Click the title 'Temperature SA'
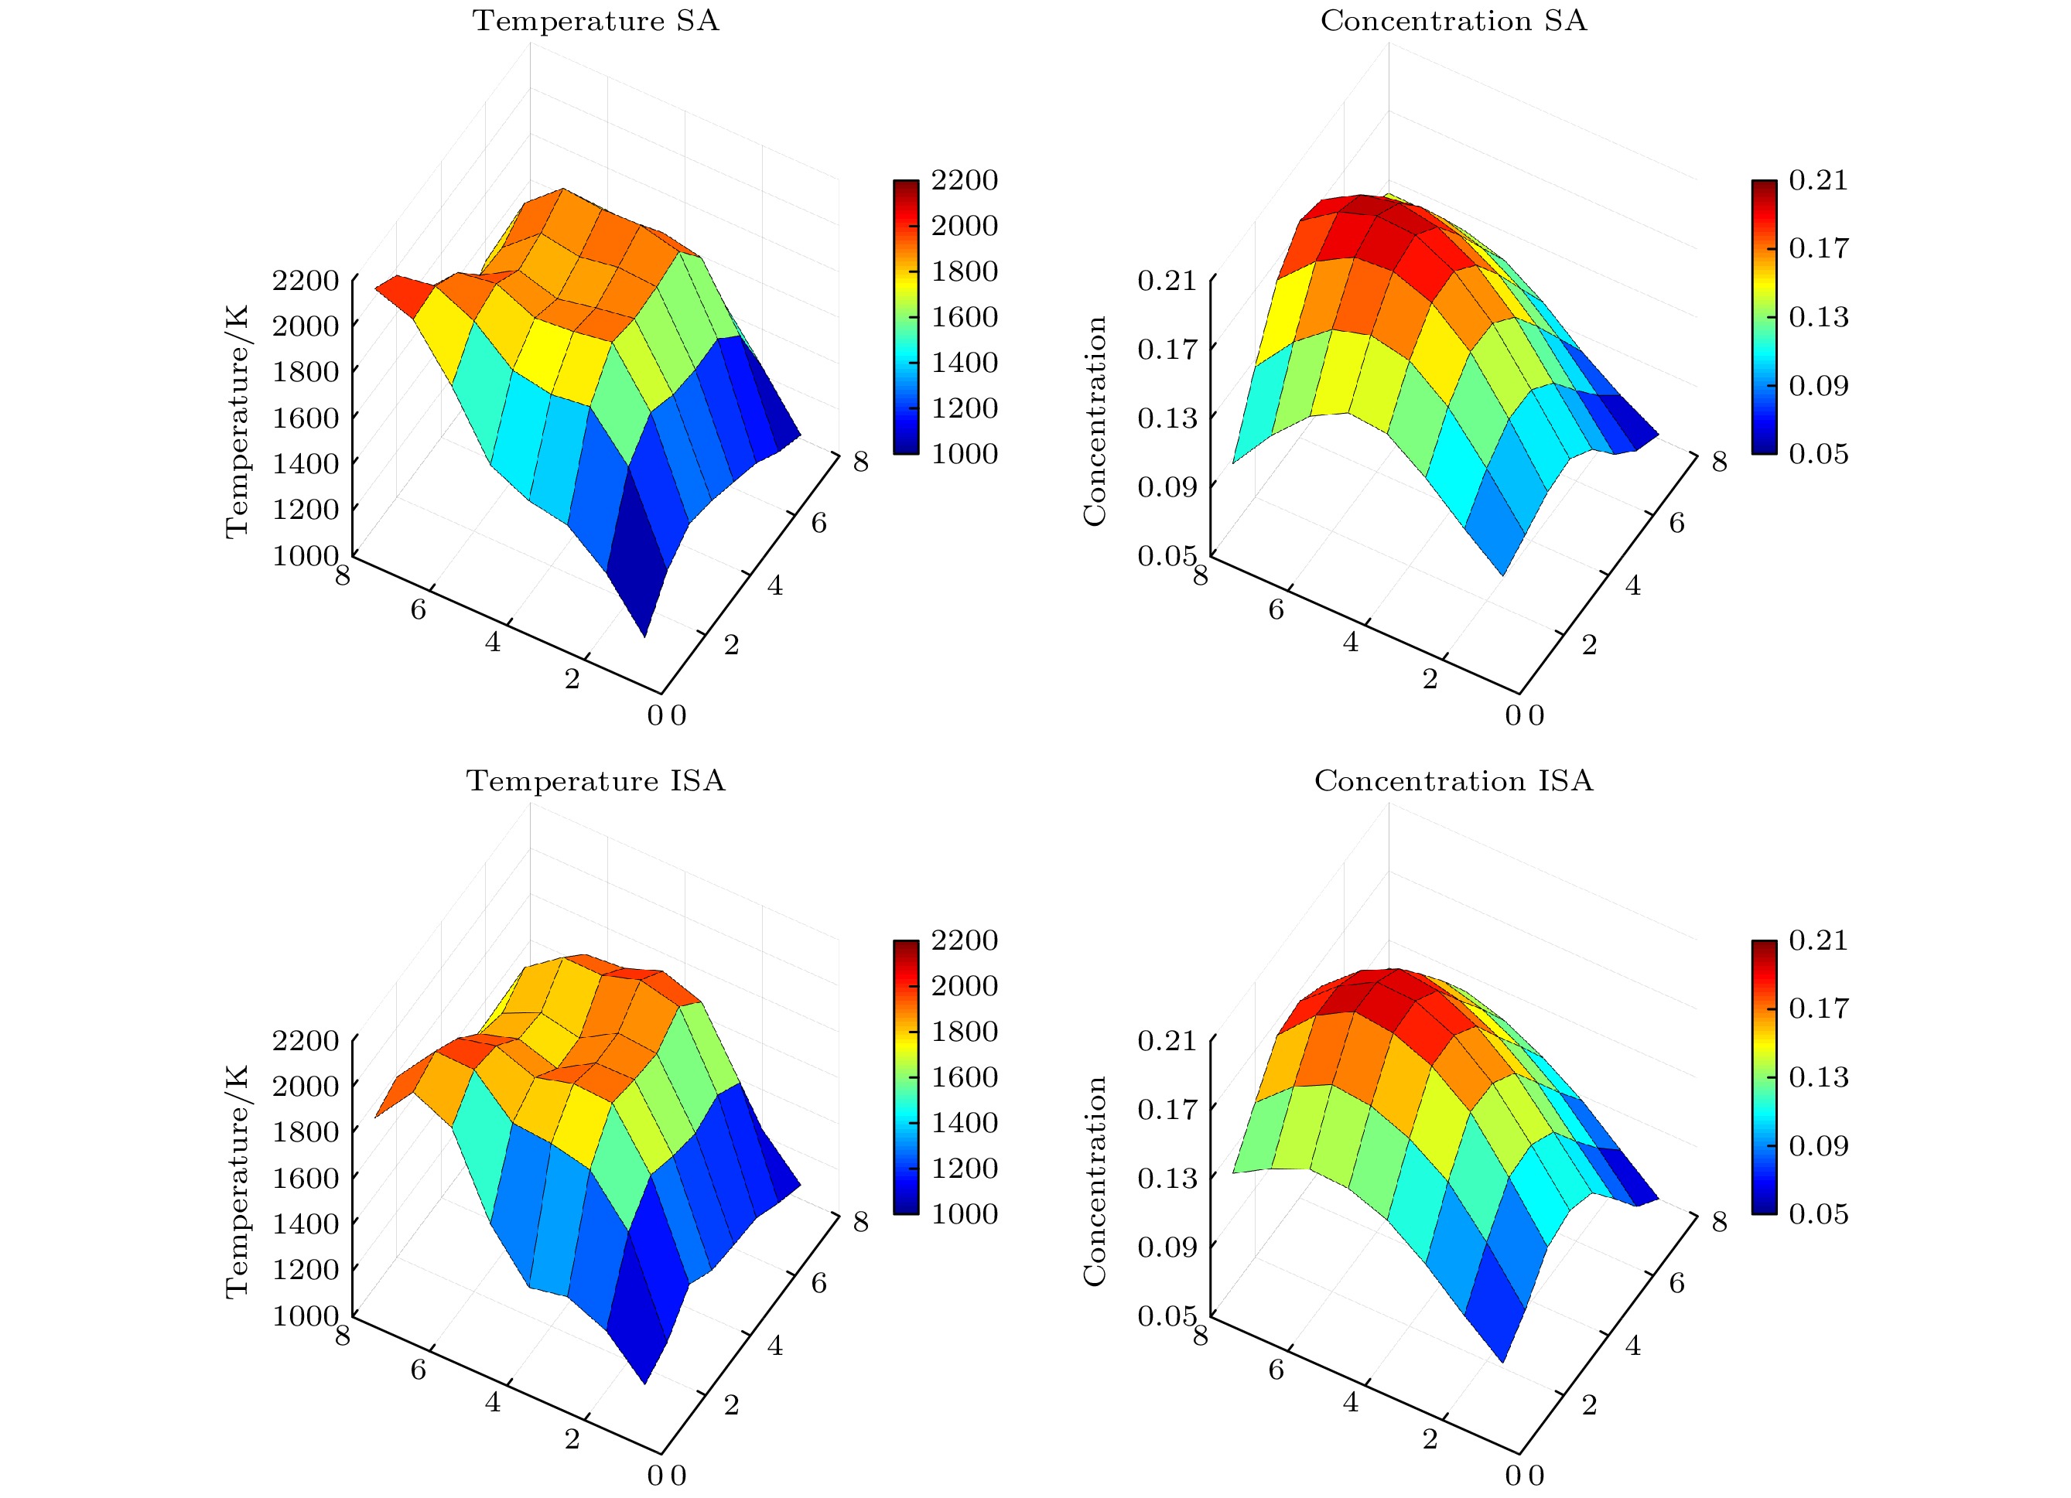596,21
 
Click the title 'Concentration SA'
1454,21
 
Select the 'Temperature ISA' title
596,781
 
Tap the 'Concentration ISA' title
1454,781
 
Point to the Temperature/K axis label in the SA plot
237,421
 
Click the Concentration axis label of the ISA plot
1095,1181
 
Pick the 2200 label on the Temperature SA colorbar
964,180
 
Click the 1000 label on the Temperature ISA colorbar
964,1213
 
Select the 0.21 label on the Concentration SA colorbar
1818,180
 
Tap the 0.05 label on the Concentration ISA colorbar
1818,1213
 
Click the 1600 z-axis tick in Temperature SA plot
306,417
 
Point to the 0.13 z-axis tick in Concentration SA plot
1166,417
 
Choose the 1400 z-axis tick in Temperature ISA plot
306,1223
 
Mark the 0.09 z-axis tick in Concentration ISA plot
1166,1246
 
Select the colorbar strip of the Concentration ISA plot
1764,1077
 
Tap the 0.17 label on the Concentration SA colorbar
1818,247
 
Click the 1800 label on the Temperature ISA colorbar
964,1031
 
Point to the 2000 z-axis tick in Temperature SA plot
306,325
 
